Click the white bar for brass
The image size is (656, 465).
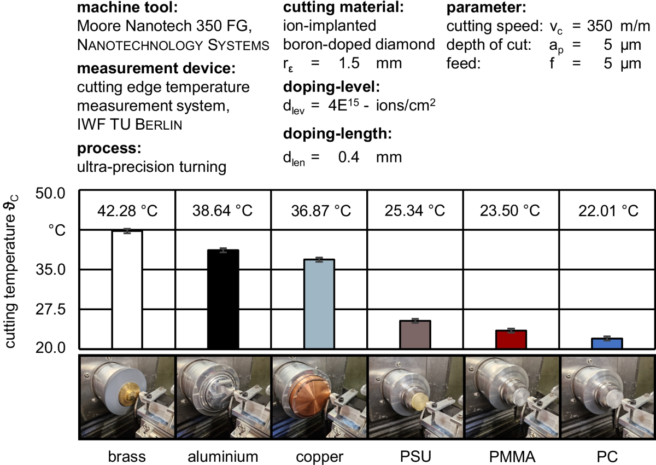(x=127, y=289)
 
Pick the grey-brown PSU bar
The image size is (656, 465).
(x=415, y=334)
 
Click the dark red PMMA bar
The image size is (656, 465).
(x=511, y=339)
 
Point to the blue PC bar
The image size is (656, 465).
(x=607, y=343)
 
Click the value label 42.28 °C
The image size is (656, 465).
(x=127, y=211)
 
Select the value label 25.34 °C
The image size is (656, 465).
(x=415, y=211)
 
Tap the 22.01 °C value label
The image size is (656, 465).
(x=607, y=211)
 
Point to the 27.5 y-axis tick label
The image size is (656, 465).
(x=50, y=309)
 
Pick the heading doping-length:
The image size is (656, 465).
(x=338, y=133)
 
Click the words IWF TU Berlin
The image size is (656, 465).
(x=130, y=125)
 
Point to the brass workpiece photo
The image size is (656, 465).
(x=127, y=398)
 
